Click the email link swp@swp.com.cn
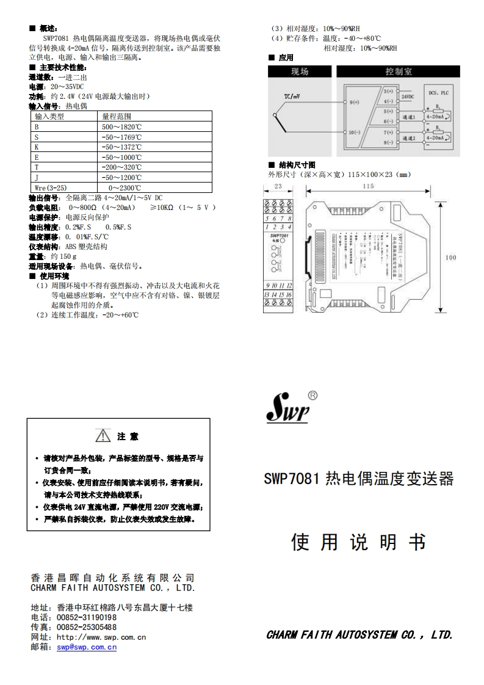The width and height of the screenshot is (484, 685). click(x=87, y=647)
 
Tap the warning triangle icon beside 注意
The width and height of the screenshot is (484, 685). click(x=103, y=437)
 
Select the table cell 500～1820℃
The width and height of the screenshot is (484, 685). click(x=122, y=126)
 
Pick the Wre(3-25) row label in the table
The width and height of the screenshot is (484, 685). click(x=51, y=187)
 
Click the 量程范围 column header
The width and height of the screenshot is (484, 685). click(x=117, y=116)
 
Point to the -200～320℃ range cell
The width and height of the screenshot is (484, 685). click(x=122, y=167)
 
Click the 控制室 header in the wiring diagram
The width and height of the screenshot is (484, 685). click(x=399, y=71)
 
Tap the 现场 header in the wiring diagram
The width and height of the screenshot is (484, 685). click(x=300, y=71)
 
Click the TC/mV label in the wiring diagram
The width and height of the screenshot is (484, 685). click(x=292, y=96)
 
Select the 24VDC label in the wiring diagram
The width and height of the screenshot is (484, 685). click(x=408, y=96)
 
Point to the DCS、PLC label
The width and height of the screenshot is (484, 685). click(x=438, y=93)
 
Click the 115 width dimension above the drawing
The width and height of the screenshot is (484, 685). click(x=367, y=186)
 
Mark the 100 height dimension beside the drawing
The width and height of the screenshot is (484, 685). click(x=450, y=258)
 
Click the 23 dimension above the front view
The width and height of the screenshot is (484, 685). click(x=278, y=186)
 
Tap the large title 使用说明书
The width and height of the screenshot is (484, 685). click(x=359, y=542)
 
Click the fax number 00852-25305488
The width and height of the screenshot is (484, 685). click(x=87, y=627)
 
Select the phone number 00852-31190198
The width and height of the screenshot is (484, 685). click(x=87, y=617)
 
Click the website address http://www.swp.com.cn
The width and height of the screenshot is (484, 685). click(x=101, y=637)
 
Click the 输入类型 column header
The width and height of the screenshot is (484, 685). click(x=49, y=116)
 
